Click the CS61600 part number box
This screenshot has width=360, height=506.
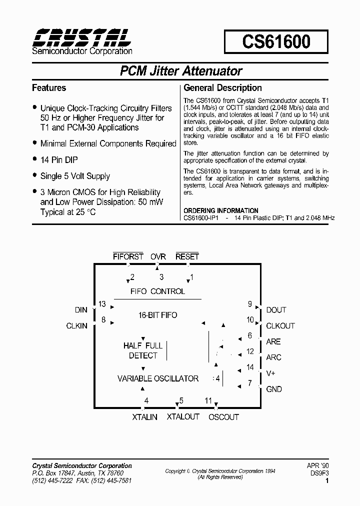coord(276,41)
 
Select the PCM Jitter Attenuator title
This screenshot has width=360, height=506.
coord(181,71)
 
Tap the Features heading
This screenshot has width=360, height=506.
coord(49,88)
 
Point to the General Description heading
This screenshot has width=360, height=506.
coord(222,88)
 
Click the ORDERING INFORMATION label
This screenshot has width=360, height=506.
coord(221,210)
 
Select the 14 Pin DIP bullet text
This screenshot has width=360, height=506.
coord(59,160)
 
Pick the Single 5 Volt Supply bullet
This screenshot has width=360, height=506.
coord(75,176)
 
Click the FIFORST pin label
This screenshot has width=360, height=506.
coord(128,256)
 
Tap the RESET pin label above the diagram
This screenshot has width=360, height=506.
coord(187,256)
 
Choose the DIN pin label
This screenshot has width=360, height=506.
coord(81,310)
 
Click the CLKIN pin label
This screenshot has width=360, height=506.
coord(76,325)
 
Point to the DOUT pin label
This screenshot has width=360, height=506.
coord(276,310)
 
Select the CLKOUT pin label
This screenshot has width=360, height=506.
coord(280,325)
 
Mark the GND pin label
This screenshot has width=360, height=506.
coord(274,389)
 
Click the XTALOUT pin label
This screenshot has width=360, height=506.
coord(183,416)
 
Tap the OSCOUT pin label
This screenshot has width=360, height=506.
coord(223,416)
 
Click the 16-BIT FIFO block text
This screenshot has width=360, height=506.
coord(157,315)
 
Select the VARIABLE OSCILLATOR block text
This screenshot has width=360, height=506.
coord(158,378)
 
